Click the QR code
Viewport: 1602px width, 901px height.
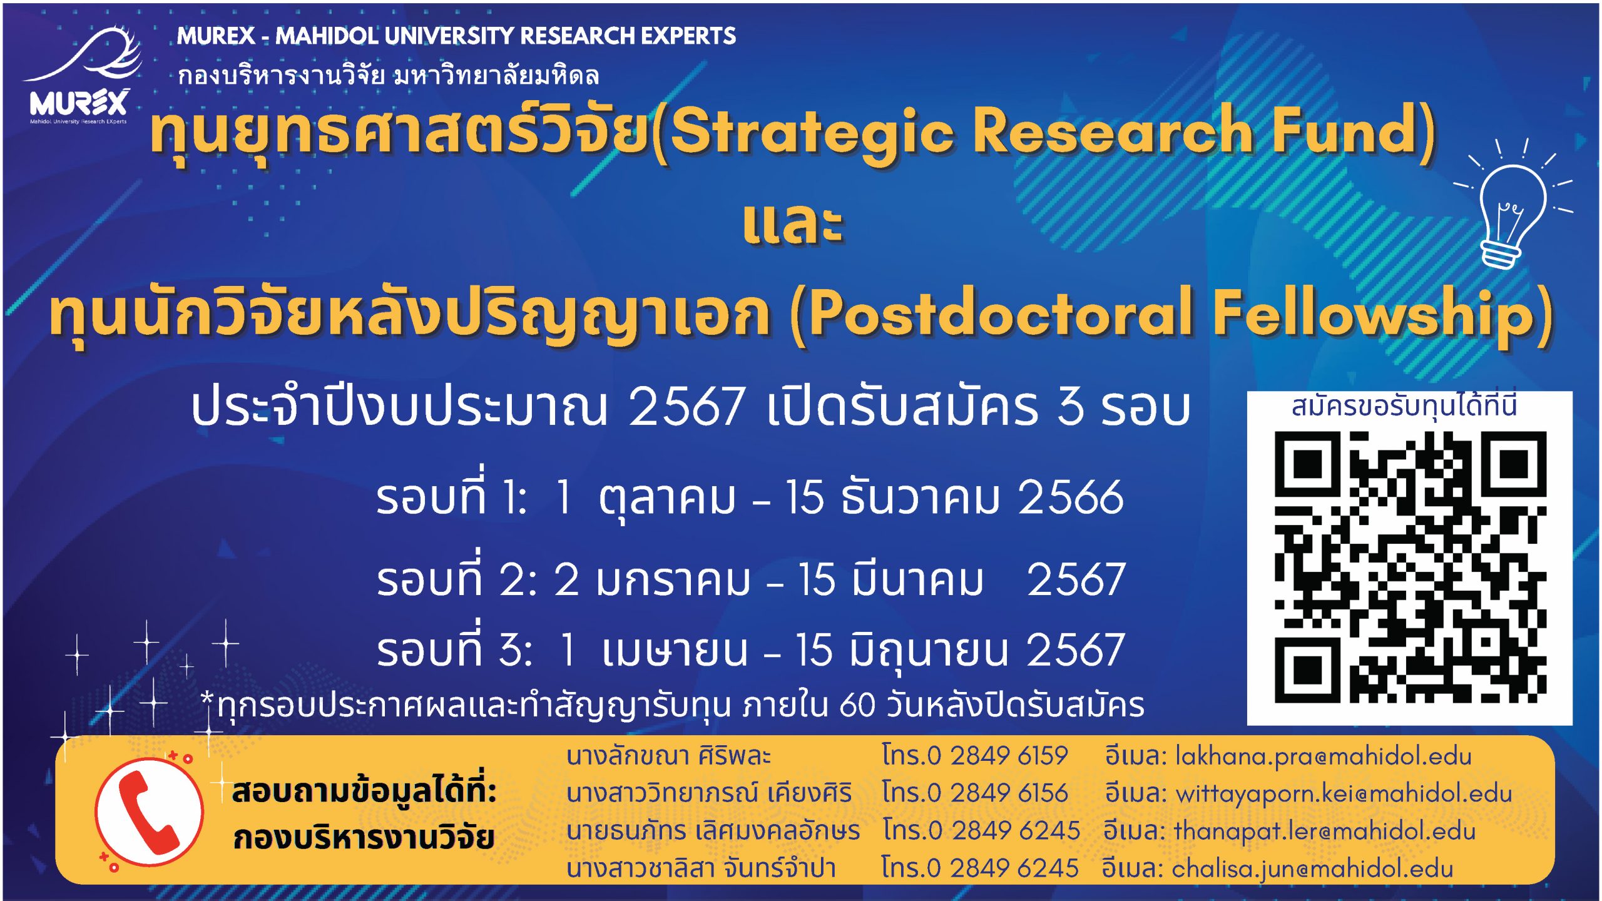pyautogui.click(x=1411, y=567)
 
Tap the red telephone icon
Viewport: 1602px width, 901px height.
pyautogui.click(x=150, y=812)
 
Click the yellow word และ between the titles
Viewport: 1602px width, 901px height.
pyautogui.click(x=793, y=223)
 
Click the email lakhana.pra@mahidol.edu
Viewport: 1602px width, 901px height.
pyautogui.click(x=1324, y=756)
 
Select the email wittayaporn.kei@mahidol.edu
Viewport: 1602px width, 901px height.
pyautogui.click(x=1344, y=793)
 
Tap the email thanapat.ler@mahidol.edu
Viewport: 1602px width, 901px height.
pyautogui.click(x=1325, y=831)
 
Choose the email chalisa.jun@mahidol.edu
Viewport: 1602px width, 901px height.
pyautogui.click(x=1312, y=868)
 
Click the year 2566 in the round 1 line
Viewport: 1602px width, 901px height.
pyautogui.click(x=1071, y=498)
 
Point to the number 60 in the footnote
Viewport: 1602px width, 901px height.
pyautogui.click(x=857, y=705)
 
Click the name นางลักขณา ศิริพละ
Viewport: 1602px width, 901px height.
pyautogui.click(x=668, y=756)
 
